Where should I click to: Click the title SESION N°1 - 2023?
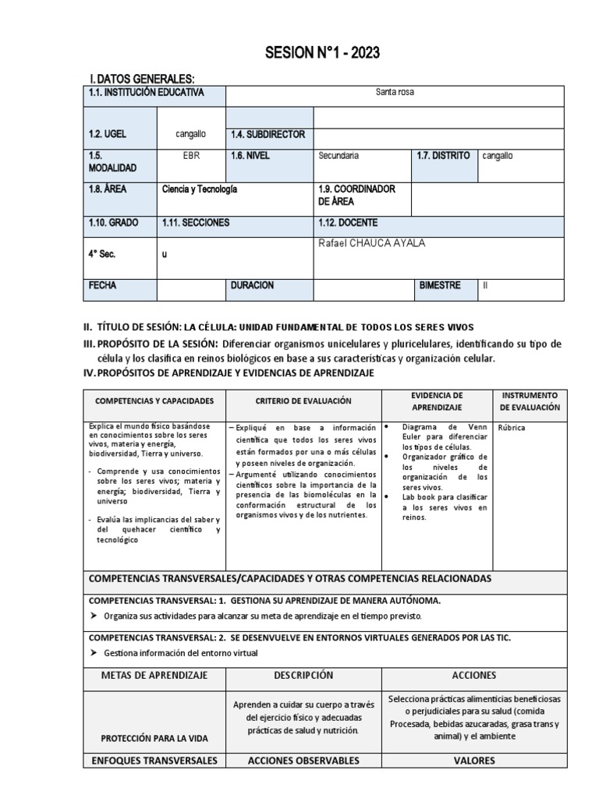click(312, 53)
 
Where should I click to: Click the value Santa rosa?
click(395, 93)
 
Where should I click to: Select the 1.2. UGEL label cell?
click(108, 134)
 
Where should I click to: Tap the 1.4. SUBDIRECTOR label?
click(268, 134)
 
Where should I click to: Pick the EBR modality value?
click(191, 156)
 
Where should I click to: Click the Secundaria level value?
click(338, 156)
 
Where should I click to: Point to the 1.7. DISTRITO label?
click(443, 156)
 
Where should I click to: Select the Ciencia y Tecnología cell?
click(199, 189)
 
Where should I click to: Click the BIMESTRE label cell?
click(439, 286)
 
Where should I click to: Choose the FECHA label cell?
click(102, 286)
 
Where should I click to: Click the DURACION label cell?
click(252, 286)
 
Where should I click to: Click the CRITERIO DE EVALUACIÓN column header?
click(303, 401)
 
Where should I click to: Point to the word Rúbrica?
click(512, 428)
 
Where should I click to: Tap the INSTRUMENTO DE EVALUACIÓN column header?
click(530, 401)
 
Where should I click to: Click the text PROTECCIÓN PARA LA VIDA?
click(154, 738)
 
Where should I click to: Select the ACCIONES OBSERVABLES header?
click(303, 761)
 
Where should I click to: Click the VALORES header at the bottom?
click(473, 761)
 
